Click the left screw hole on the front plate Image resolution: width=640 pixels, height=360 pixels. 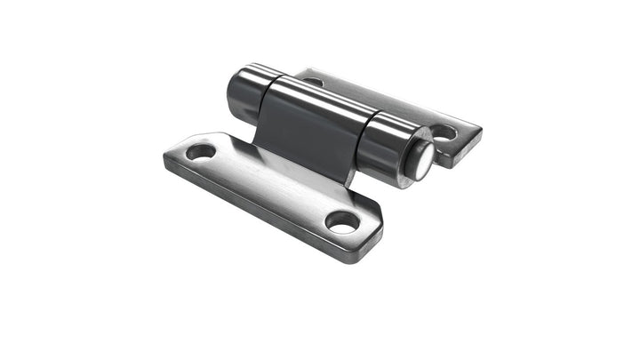pos(201,151)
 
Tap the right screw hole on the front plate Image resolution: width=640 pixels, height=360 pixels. pos(342,220)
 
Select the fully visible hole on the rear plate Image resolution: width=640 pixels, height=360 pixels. pos(443,133)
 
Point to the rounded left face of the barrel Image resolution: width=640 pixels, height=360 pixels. pos(233,92)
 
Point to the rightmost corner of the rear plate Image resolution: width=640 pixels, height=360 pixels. pos(480,133)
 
